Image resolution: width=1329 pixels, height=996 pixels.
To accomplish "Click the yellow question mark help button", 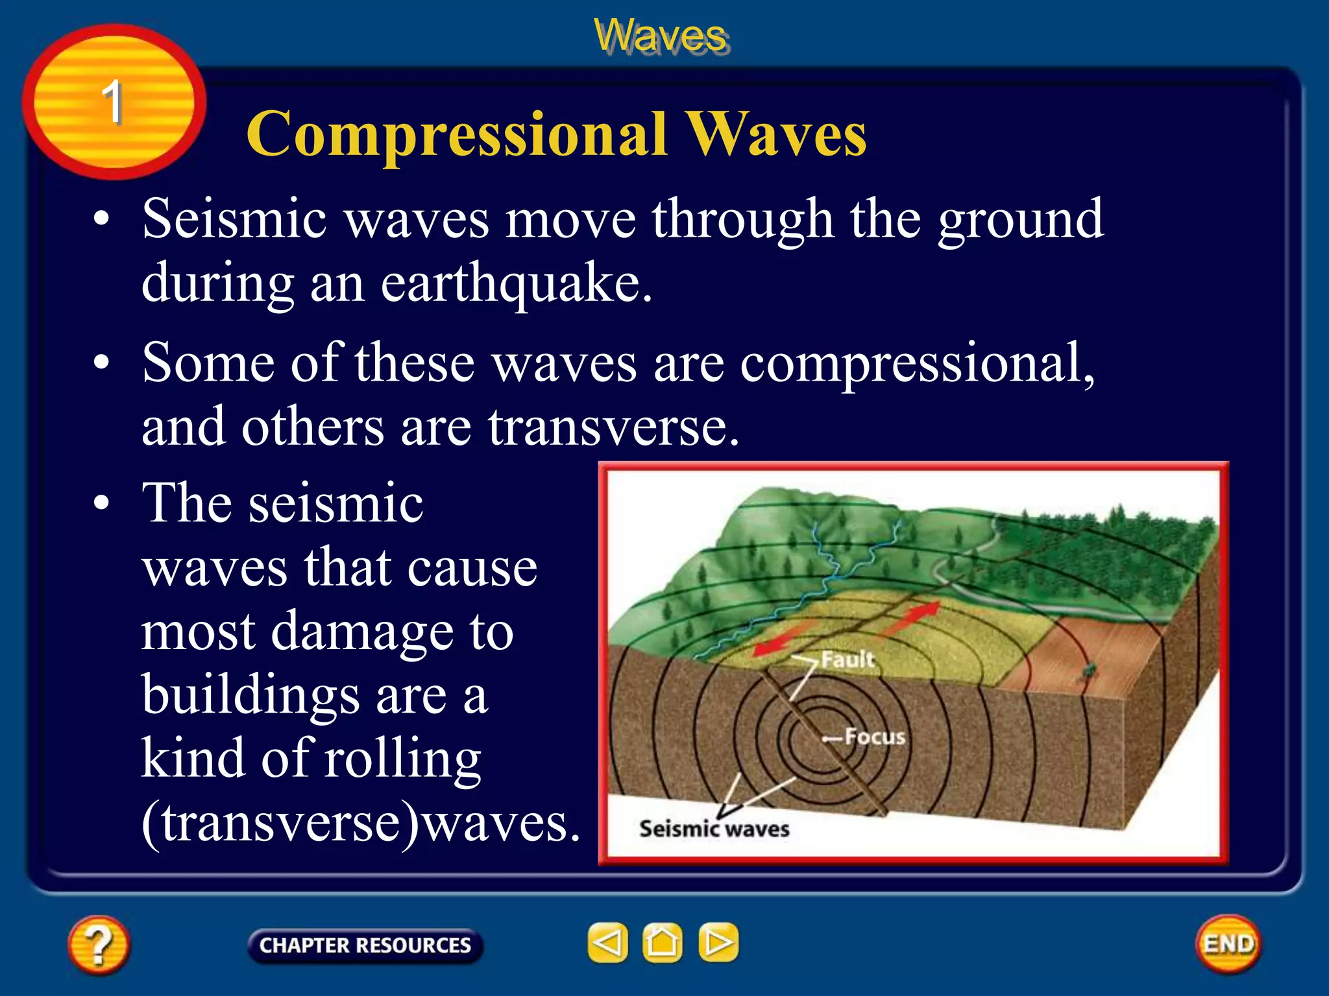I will point(98,944).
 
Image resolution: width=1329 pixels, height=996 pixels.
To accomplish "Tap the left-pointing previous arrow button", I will point(607,942).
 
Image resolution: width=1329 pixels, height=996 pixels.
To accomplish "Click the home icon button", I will point(662,942).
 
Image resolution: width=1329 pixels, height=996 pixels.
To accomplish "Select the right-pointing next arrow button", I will point(718,942).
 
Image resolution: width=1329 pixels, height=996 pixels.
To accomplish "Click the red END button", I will point(1228,943).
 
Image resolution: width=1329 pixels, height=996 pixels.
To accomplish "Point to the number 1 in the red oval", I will point(112,102).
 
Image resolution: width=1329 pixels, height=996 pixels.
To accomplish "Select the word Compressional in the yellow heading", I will point(457,134).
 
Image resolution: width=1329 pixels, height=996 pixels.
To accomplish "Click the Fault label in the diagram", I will point(847,659).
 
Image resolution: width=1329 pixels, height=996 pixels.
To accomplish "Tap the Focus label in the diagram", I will point(874,737).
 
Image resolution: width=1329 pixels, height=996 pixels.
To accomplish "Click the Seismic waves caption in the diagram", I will point(714,829).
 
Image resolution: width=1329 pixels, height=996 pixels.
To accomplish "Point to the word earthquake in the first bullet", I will point(516,283).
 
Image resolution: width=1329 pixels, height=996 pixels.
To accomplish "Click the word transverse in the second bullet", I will point(613,427).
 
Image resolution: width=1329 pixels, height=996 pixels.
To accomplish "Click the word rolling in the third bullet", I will point(402,759).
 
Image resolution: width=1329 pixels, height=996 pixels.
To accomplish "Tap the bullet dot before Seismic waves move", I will point(101,219).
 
